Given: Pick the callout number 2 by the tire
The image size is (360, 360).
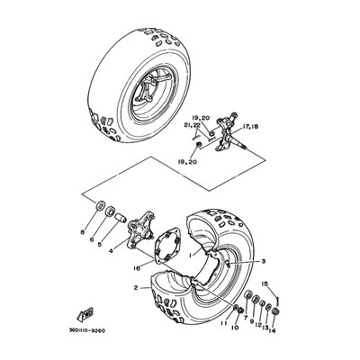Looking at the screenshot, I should tap(135, 288).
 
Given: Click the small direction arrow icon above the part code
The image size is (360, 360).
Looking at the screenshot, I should tap(86, 314).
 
